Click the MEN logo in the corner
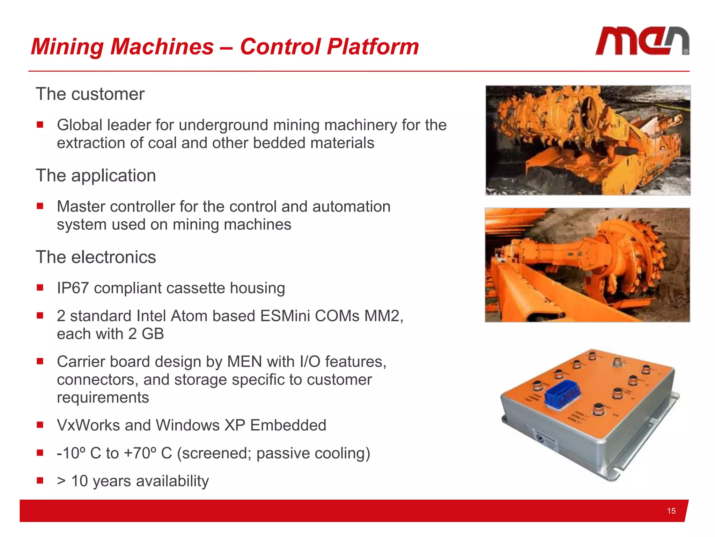coord(642,41)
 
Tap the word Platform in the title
coord(373,46)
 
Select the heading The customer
coord(90,94)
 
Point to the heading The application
coord(96,176)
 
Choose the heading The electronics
coord(96,257)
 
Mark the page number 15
coord(671,511)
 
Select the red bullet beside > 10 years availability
coord(40,480)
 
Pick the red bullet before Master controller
coord(40,206)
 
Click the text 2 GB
coord(146,334)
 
